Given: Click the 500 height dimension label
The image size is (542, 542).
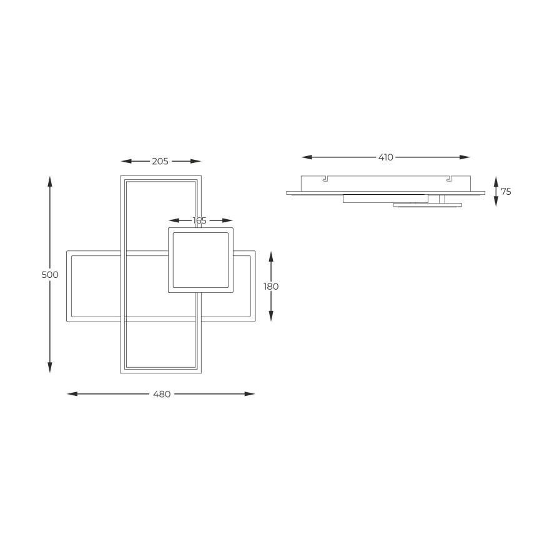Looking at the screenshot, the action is [x=50, y=275].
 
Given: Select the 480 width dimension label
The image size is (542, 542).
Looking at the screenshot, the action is [x=162, y=394].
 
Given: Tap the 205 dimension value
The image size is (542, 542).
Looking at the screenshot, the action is [x=160, y=162].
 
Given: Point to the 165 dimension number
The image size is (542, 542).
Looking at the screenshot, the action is [x=199, y=220].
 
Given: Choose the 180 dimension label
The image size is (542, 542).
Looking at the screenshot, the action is [x=271, y=287].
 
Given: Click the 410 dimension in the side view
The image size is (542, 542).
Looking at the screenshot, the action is [x=386, y=157].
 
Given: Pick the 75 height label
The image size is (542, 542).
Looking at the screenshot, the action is [x=506, y=192].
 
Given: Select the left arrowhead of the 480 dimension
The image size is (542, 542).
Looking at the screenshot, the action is [x=72, y=394].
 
